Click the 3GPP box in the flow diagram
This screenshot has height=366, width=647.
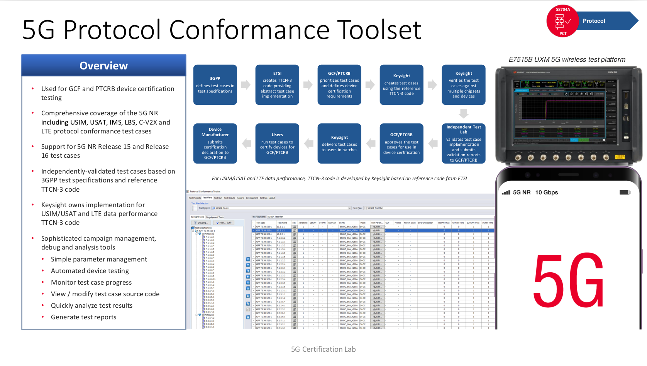(x=215, y=85)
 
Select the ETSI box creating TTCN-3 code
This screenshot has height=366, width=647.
(x=277, y=85)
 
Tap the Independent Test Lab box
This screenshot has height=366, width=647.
(x=463, y=143)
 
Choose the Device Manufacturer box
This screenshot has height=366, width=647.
(x=215, y=143)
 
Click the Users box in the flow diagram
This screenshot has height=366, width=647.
(x=277, y=143)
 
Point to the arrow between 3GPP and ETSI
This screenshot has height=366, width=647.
(x=246, y=85)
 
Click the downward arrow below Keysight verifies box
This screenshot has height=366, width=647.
(x=463, y=114)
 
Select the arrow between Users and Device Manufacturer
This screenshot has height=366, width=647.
(x=246, y=143)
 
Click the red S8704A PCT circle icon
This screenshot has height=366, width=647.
(x=562, y=21)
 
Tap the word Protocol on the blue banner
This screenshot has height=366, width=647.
(x=594, y=21)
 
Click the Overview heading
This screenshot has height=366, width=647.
(x=103, y=66)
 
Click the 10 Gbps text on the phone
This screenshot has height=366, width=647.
(x=546, y=192)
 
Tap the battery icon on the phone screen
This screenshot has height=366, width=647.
(x=624, y=192)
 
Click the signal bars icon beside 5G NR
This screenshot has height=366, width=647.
(x=506, y=192)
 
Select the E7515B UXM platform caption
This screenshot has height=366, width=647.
(x=567, y=59)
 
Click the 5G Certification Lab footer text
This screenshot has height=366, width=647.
(x=323, y=349)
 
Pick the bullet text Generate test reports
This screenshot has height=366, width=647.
(x=83, y=317)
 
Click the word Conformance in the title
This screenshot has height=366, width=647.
(x=249, y=30)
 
